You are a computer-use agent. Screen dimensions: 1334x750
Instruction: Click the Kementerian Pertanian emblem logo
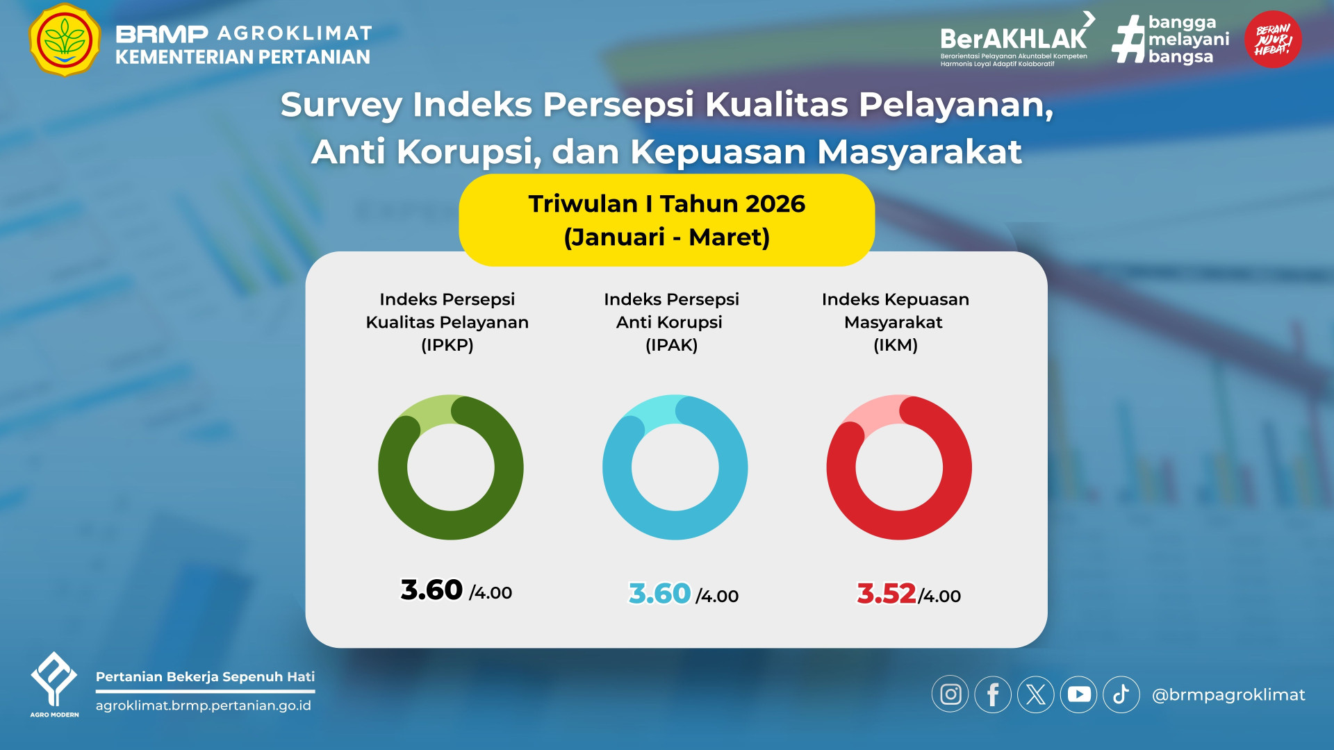click(x=65, y=40)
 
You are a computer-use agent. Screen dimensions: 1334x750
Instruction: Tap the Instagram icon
click(x=950, y=694)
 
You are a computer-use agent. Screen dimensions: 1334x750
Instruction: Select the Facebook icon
click(x=993, y=694)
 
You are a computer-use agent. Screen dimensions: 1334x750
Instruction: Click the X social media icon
click(x=1036, y=694)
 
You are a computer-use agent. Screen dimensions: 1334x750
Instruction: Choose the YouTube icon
click(x=1079, y=694)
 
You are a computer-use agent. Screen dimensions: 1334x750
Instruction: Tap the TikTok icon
click(x=1121, y=694)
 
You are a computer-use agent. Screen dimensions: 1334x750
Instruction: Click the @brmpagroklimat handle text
click(x=1228, y=695)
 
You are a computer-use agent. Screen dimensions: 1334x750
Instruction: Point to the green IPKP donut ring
click(x=393, y=467)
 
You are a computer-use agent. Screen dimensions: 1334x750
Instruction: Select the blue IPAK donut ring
click(x=617, y=467)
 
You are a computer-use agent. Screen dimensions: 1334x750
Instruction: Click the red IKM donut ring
click(x=841, y=467)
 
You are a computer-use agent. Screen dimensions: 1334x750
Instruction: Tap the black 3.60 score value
click(x=431, y=590)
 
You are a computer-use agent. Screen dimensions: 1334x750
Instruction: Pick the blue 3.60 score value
click(x=659, y=594)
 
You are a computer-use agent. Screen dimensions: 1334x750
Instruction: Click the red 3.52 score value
click(x=887, y=594)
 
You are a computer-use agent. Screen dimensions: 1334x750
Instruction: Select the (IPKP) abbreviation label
click(x=447, y=345)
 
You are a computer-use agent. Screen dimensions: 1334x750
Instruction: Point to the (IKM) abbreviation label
click(x=896, y=345)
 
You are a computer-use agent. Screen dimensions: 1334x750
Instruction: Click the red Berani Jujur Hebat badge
click(x=1273, y=40)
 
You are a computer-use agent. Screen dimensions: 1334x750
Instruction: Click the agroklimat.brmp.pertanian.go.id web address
click(x=204, y=706)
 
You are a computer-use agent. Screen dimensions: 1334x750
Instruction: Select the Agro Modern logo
click(x=54, y=684)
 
